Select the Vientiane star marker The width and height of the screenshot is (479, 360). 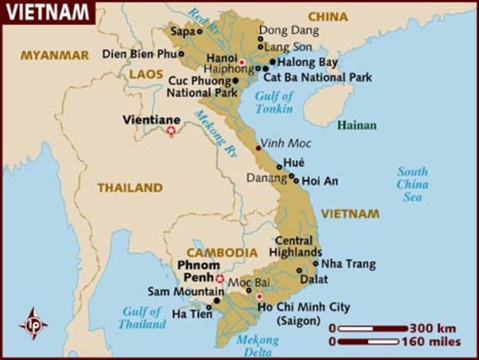point(171,131)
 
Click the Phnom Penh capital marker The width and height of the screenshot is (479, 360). point(220,278)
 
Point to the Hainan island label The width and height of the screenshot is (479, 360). point(356,125)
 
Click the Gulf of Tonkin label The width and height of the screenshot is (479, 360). point(274,101)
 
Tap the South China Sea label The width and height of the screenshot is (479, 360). point(412,184)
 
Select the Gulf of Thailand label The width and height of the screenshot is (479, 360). point(142,318)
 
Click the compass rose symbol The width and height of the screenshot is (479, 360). point(33,323)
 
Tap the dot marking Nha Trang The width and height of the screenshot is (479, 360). point(316,263)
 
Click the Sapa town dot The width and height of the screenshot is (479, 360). point(199,31)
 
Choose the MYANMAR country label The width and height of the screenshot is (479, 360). point(49,55)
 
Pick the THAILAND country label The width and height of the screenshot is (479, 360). point(129,187)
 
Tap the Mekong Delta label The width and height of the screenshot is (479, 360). point(257,346)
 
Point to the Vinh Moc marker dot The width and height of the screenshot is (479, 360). point(259,148)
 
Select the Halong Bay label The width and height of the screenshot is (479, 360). point(307,61)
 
